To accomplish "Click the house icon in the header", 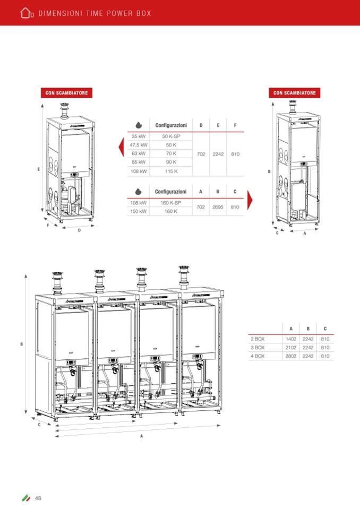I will pyautogui.click(x=27, y=13).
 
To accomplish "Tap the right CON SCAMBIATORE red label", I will pyautogui.click(x=295, y=93).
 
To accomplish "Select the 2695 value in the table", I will pyautogui.click(x=218, y=207).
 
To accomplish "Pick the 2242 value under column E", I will pyautogui.click(x=218, y=154).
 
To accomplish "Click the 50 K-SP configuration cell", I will pyautogui.click(x=171, y=136).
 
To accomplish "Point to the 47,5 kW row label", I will pyautogui.click(x=139, y=145).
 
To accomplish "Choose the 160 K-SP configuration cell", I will pyautogui.click(x=171, y=203).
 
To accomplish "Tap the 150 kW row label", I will pyautogui.click(x=139, y=211).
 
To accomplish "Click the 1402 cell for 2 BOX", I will pyautogui.click(x=291, y=338).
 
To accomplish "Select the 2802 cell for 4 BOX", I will pyautogui.click(x=291, y=356).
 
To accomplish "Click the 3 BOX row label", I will pyautogui.click(x=258, y=347).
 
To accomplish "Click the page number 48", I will pyautogui.click(x=38, y=498).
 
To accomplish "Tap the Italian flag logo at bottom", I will pyautogui.click(x=25, y=498).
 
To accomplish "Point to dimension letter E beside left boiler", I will pyautogui.click(x=39, y=169).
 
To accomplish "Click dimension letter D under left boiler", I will pyautogui.click(x=79, y=230).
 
